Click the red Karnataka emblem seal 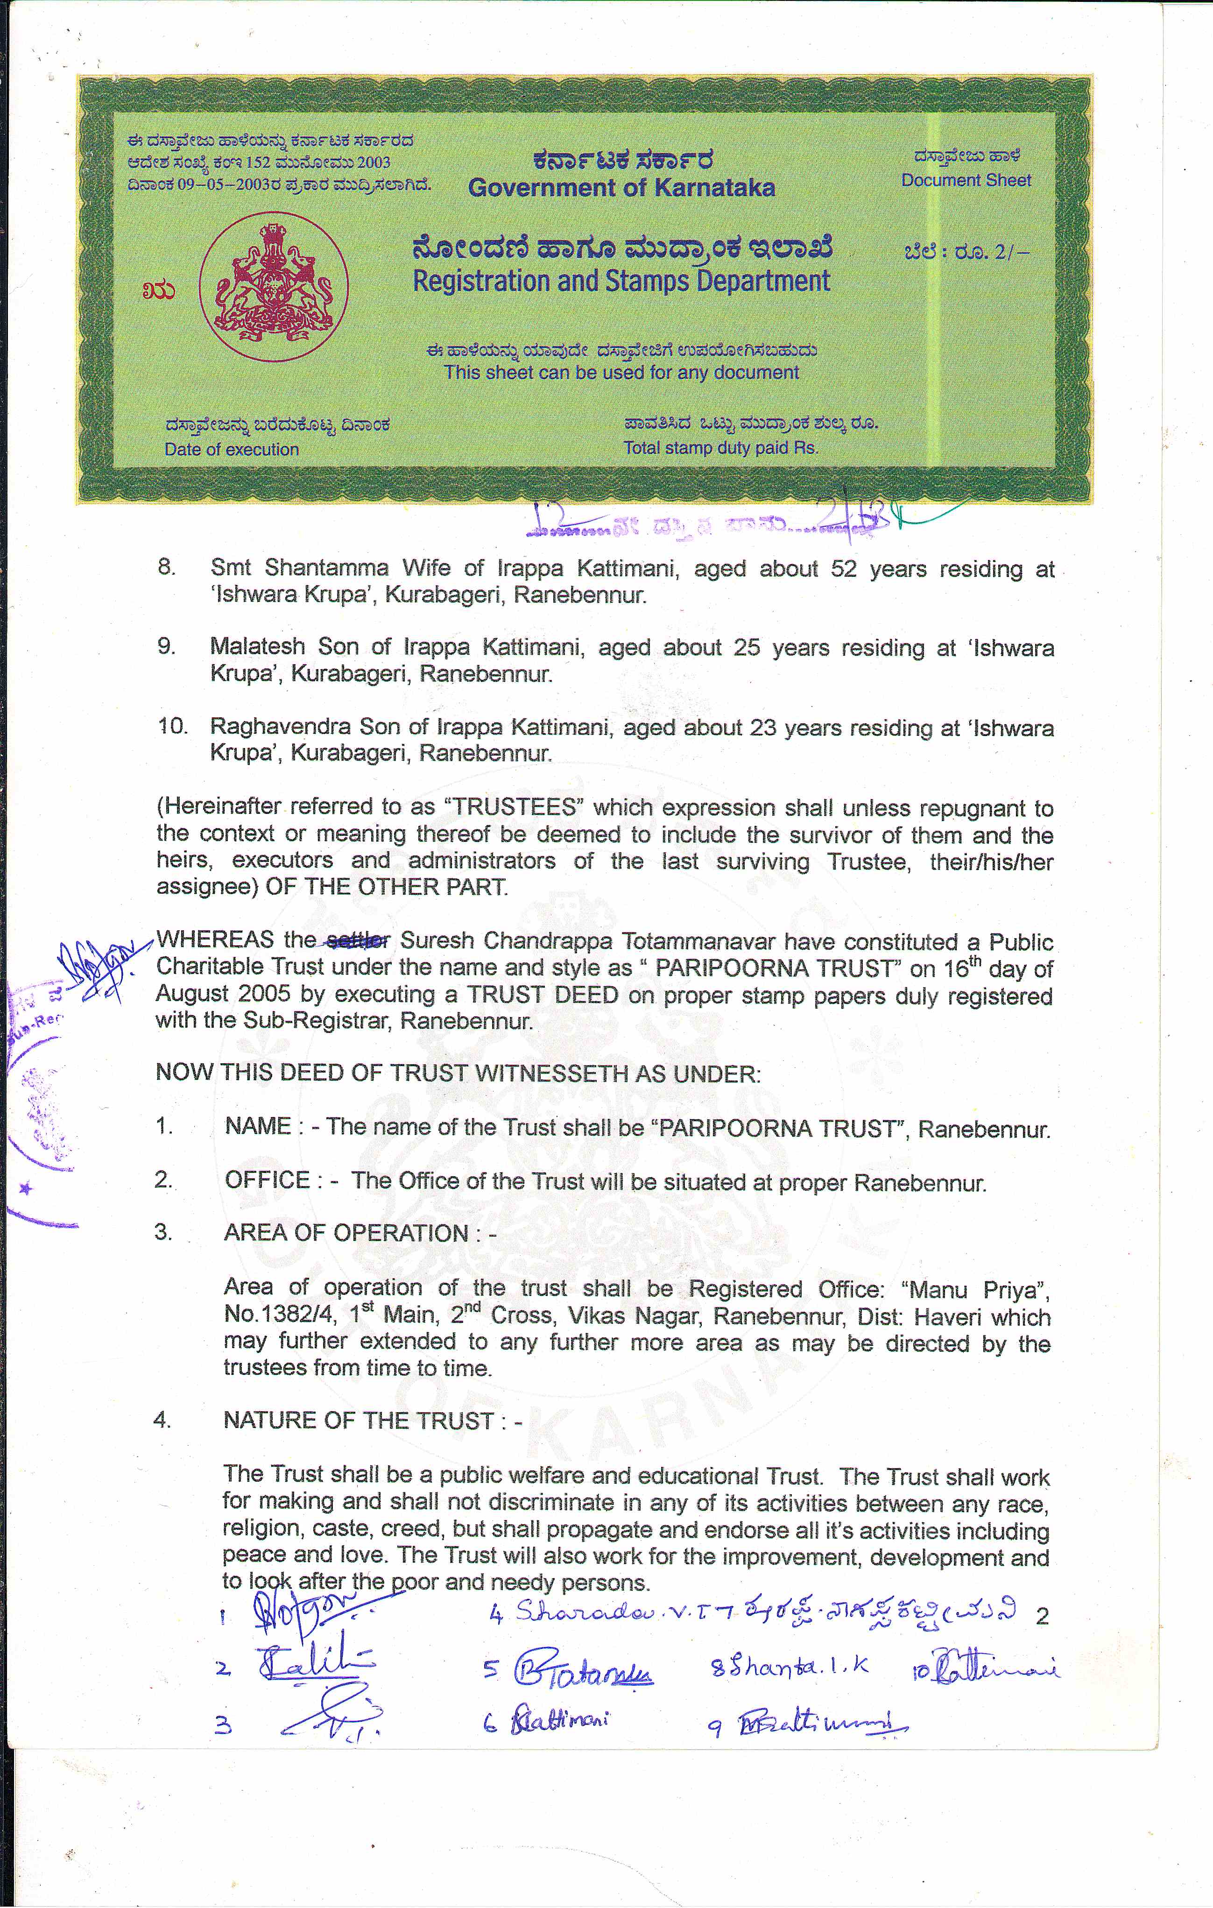pyautogui.click(x=273, y=287)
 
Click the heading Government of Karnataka pyautogui.click(x=621, y=188)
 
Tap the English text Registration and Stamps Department pyautogui.click(x=621, y=281)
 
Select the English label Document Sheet pyautogui.click(x=966, y=181)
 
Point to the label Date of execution pyautogui.click(x=232, y=449)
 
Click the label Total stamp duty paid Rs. pyautogui.click(x=720, y=448)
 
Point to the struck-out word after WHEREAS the pyautogui.click(x=358, y=940)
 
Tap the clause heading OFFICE pyautogui.click(x=267, y=1180)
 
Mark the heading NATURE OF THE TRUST pyautogui.click(x=359, y=1420)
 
